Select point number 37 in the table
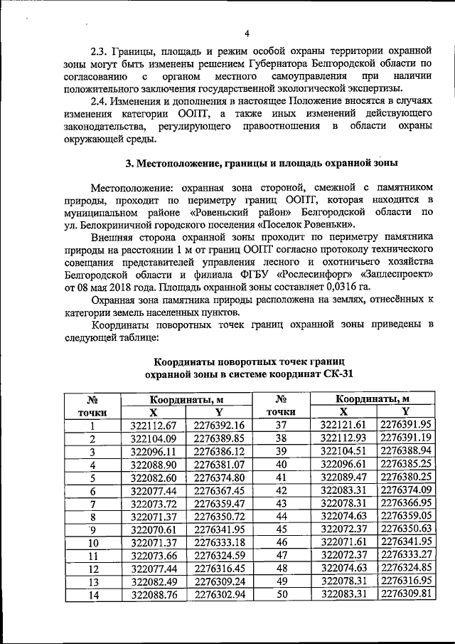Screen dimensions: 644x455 (x=280, y=426)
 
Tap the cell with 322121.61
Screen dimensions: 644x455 (x=343, y=426)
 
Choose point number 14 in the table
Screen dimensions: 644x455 (x=92, y=594)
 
